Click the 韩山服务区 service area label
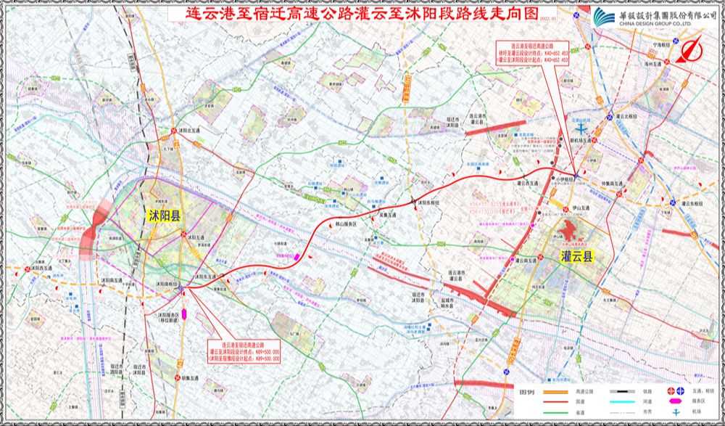pos(344,226)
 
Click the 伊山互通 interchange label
pos(581,207)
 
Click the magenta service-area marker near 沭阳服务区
pos(184,314)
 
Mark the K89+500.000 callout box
pos(244,350)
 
